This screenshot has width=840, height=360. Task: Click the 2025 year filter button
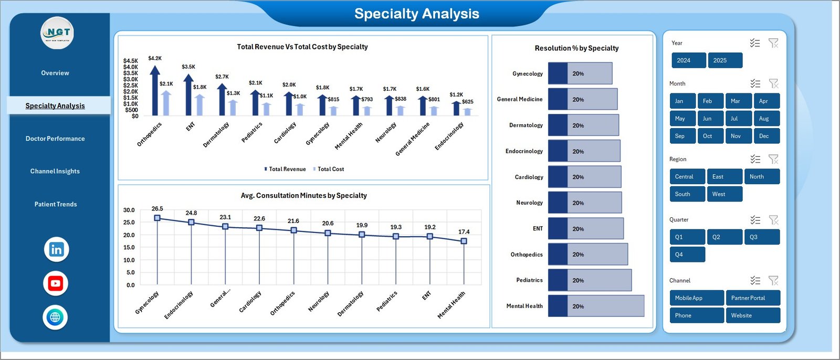[x=725, y=60]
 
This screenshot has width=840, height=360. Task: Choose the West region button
[x=724, y=194]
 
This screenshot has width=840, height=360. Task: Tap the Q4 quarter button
[x=687, y=255]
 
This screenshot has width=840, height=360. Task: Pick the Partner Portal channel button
[x=752, y=298]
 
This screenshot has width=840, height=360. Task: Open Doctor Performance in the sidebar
[x=55, y=139]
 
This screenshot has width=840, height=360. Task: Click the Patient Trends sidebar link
[x=56, y=204]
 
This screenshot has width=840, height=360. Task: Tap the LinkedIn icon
[x=56, y=249]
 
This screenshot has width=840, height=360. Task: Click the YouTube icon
[x=55, y=283]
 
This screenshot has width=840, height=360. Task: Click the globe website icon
[x=55, y=317]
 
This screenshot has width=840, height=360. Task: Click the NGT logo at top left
[x=57, y=33]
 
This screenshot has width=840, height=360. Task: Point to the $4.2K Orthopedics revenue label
[x=155, y=58]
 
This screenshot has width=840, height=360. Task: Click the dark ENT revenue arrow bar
[x=188, y=95]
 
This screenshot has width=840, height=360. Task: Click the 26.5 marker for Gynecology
[x=157, y=218]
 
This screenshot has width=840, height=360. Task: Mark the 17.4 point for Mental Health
[x=464, y=241]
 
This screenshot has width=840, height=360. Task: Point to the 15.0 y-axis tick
[x=129, y=247]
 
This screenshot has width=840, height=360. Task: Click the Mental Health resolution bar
[x=596, y=306]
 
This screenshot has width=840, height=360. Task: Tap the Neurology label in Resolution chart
[x=529, y=203]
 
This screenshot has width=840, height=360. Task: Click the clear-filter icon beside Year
[x=773, y=43]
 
